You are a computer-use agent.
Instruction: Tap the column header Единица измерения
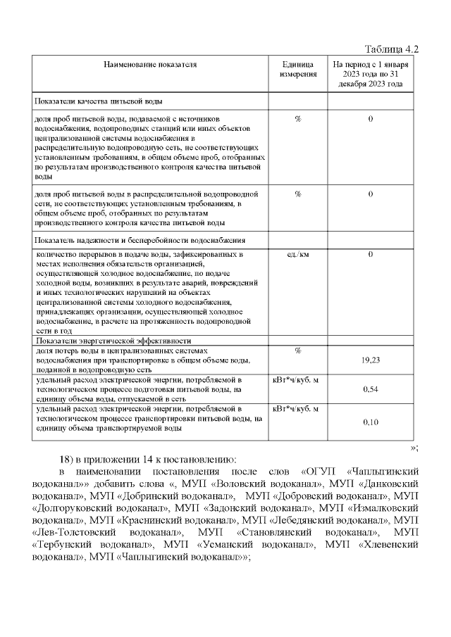[x=298, y=69]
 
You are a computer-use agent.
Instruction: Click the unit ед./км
[x=298, y=254]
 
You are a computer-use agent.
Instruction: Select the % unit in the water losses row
[x=298, y=351]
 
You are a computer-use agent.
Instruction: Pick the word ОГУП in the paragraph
[x=317, y=469]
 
